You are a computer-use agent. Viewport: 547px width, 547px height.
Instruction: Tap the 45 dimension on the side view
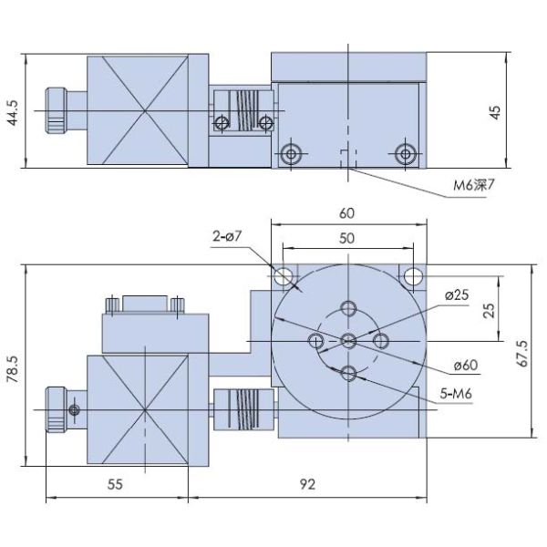[x=495, y=112]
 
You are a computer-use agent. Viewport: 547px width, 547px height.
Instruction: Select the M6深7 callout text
[x=474, y=185]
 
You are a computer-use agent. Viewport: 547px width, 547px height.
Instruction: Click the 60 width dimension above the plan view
[x=346, y=213]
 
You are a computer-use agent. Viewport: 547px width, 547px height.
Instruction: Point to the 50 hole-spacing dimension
[x=346, y=238]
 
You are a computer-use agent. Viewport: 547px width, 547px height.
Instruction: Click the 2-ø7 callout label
[x=227, y=236]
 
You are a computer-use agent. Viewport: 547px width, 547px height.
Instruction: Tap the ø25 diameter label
[x=457, y=295]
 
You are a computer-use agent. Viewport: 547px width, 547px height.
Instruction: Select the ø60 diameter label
[x=466, y=366]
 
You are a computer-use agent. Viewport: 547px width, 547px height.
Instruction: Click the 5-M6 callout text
[x=456, y=394]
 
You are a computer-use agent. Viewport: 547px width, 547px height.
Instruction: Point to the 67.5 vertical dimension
[x=522, y=353]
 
